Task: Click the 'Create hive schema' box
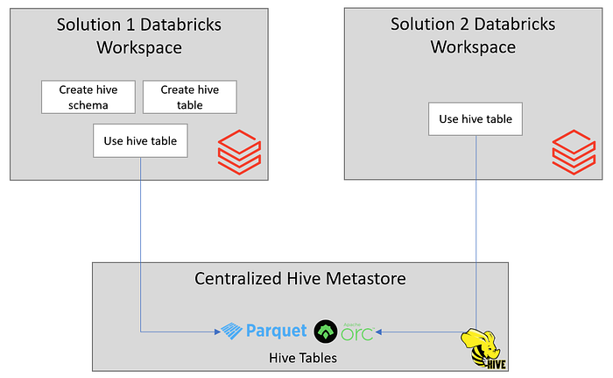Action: coord(88,97)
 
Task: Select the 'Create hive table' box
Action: coord(190,97)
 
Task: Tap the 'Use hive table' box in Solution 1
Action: coord(140,140)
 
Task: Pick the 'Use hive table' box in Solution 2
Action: coord(476,119)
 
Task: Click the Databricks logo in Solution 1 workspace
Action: coord(239,152)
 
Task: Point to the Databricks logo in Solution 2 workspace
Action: coord(574,152)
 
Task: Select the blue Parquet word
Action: coord(277,331)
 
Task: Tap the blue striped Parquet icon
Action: coord(232,331)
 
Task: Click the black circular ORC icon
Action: coord(326,332)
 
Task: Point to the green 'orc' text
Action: coord(357,333)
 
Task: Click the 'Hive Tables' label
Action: coord(303,358)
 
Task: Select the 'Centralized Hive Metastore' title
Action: coord(300,279)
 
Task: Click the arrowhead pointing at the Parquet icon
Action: coord(218,332)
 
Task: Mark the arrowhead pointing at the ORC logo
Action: coord(378,332)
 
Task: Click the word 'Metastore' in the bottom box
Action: coord(366,279)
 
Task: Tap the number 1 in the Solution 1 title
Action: coord(130,25)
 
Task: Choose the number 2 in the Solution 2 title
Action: coord(464,25)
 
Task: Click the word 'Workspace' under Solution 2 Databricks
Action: coord(473,47)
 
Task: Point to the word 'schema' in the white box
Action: coord(88,105)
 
